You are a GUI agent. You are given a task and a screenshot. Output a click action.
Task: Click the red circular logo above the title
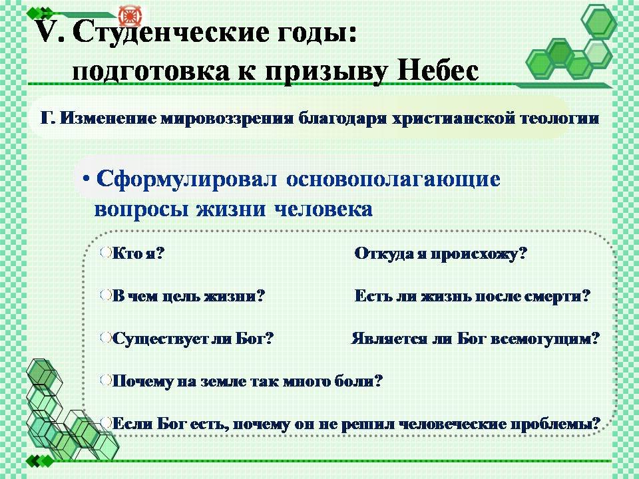[x=130, y=15]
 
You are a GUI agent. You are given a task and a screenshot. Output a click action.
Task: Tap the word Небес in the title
[x=438, y=71]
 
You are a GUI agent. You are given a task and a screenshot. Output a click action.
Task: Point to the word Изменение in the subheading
[x=108, y=118]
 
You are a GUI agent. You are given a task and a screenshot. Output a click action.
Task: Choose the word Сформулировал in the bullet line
[x=186, y=179]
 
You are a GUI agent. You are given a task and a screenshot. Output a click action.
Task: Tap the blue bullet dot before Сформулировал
[x=86, y=179]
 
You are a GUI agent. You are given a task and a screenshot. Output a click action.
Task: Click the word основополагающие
[x=393, y=180]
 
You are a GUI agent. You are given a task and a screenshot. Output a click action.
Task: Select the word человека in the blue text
[x=323, y=209]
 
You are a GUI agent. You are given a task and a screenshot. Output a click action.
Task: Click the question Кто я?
[x=138, y=253]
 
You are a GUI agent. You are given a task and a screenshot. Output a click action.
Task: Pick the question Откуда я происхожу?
[x=441, y=253]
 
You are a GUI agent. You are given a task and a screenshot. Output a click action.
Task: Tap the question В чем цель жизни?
[x=188, y=295]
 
